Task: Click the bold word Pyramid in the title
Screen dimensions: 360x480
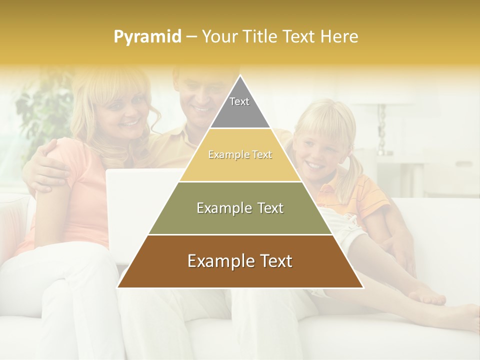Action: pos(147,37)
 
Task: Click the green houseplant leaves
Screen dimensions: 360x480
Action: pos(45,110)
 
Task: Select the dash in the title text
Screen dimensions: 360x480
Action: pos(191,37)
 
